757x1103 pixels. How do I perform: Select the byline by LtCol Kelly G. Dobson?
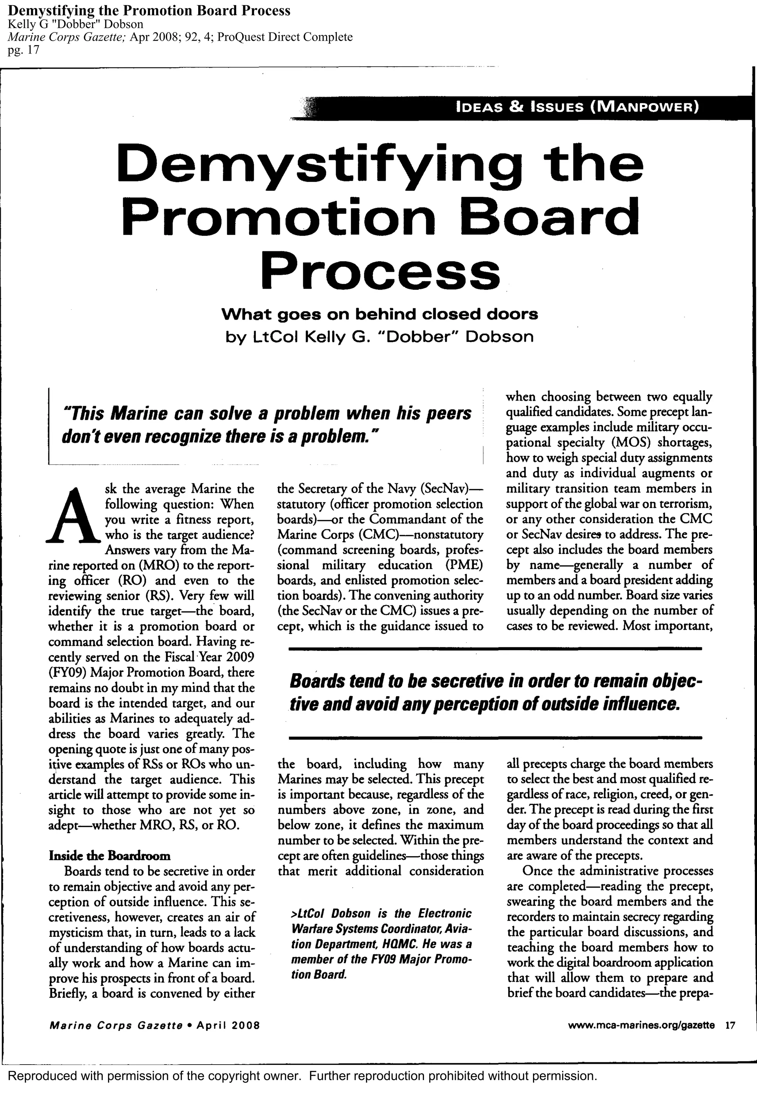click(379, 337)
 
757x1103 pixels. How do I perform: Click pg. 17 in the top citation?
click(24, 50)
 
